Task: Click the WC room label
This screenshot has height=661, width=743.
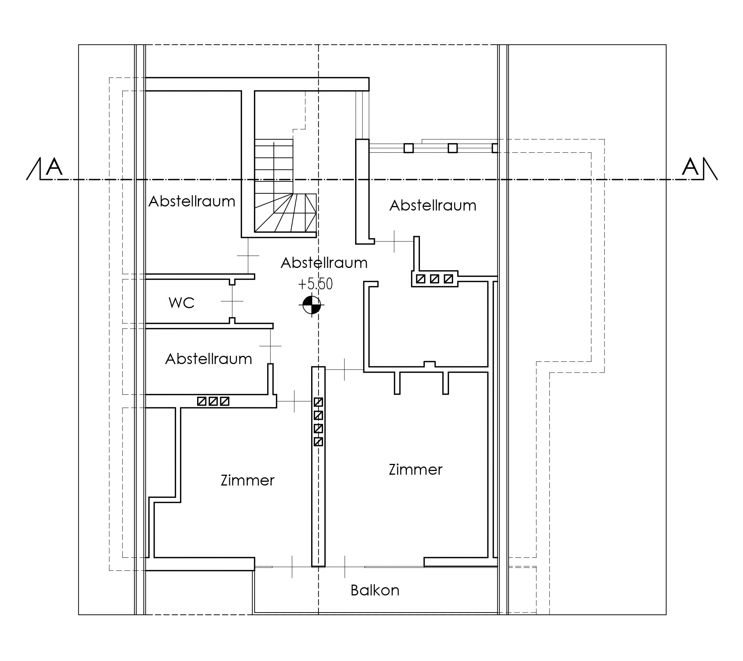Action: click(x=181, y=303)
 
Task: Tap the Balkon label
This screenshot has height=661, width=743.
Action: click(x=375, y=591)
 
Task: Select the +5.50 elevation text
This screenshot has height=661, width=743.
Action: click(x=315, y=284)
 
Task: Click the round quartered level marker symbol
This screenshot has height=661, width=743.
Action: click(x=311, y=305)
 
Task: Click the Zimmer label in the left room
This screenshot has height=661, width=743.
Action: click(x=247, y=480)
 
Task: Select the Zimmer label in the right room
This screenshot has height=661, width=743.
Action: click(x=415, y=469)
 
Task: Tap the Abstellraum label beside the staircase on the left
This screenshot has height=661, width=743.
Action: click(x=192, y=202)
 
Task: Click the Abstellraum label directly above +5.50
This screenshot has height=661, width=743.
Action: click(x=324, y=263)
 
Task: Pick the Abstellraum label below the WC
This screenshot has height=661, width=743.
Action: click(x=209, y=359)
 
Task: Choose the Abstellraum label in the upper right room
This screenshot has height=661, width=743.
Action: click(x=433, y=206)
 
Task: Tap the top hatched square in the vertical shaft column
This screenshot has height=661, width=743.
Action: click(x=318, y=402)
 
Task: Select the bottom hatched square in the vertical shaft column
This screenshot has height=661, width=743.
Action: click(x=318, y=442)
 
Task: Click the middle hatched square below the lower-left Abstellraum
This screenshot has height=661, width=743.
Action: click(x=213, y=401)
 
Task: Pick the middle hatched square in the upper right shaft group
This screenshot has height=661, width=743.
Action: click(x=434, y=279)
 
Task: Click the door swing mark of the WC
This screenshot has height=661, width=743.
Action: click(x=232, y=301)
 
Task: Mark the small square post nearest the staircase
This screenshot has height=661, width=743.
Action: click(x=409, y=148)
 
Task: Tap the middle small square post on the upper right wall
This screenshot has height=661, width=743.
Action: click(x=453, y=148)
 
